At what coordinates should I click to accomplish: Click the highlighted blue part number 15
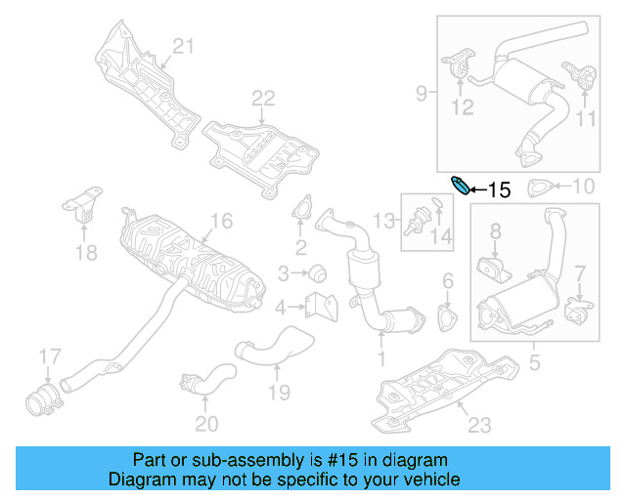point(458,184)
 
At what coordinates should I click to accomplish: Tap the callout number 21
point(185,46)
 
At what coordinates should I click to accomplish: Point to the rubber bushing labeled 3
point(317,271)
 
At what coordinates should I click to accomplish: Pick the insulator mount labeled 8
point(492,268)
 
